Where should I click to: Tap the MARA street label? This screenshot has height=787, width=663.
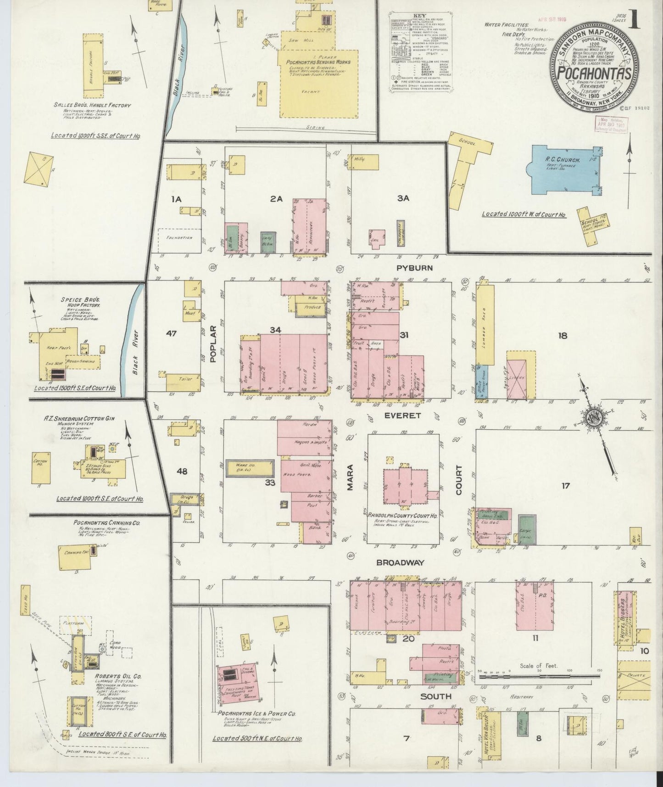[350, 479]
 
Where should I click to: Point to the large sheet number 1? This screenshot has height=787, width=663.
[635, 21]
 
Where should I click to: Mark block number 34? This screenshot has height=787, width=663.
[275, 330]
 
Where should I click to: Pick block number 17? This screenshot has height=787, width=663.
[565, 485]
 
